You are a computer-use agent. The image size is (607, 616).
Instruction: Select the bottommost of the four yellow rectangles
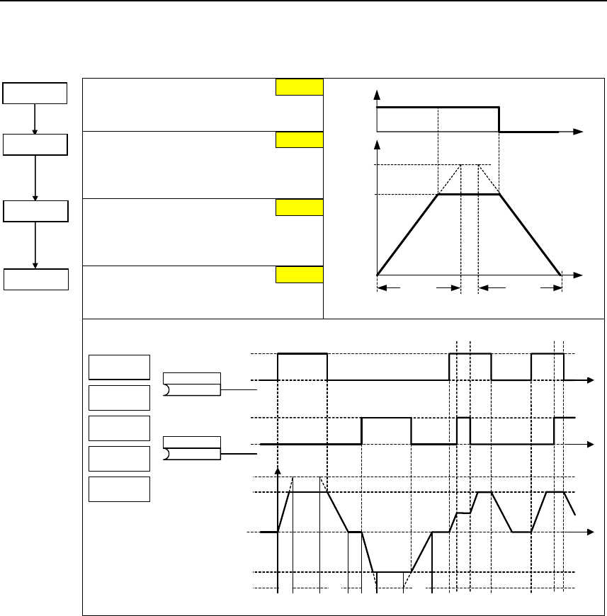299,275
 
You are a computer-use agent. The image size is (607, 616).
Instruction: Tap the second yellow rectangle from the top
299,139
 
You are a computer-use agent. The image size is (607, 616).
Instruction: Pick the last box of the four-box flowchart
35,279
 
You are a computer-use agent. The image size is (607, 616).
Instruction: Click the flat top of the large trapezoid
469,194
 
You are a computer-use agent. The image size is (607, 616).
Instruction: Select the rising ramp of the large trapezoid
408,234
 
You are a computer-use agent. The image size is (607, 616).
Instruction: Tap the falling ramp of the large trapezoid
530,234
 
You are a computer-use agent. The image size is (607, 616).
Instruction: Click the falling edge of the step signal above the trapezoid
499,120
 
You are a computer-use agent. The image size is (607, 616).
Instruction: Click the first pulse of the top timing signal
302,353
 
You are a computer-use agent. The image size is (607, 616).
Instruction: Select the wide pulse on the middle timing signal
386,418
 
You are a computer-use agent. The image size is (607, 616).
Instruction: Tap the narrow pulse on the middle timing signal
463,418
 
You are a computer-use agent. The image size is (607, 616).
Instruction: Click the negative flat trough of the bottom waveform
393,571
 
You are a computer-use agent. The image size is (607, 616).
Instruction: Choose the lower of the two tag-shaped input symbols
192,448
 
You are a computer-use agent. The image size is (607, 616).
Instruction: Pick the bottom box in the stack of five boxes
119,489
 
